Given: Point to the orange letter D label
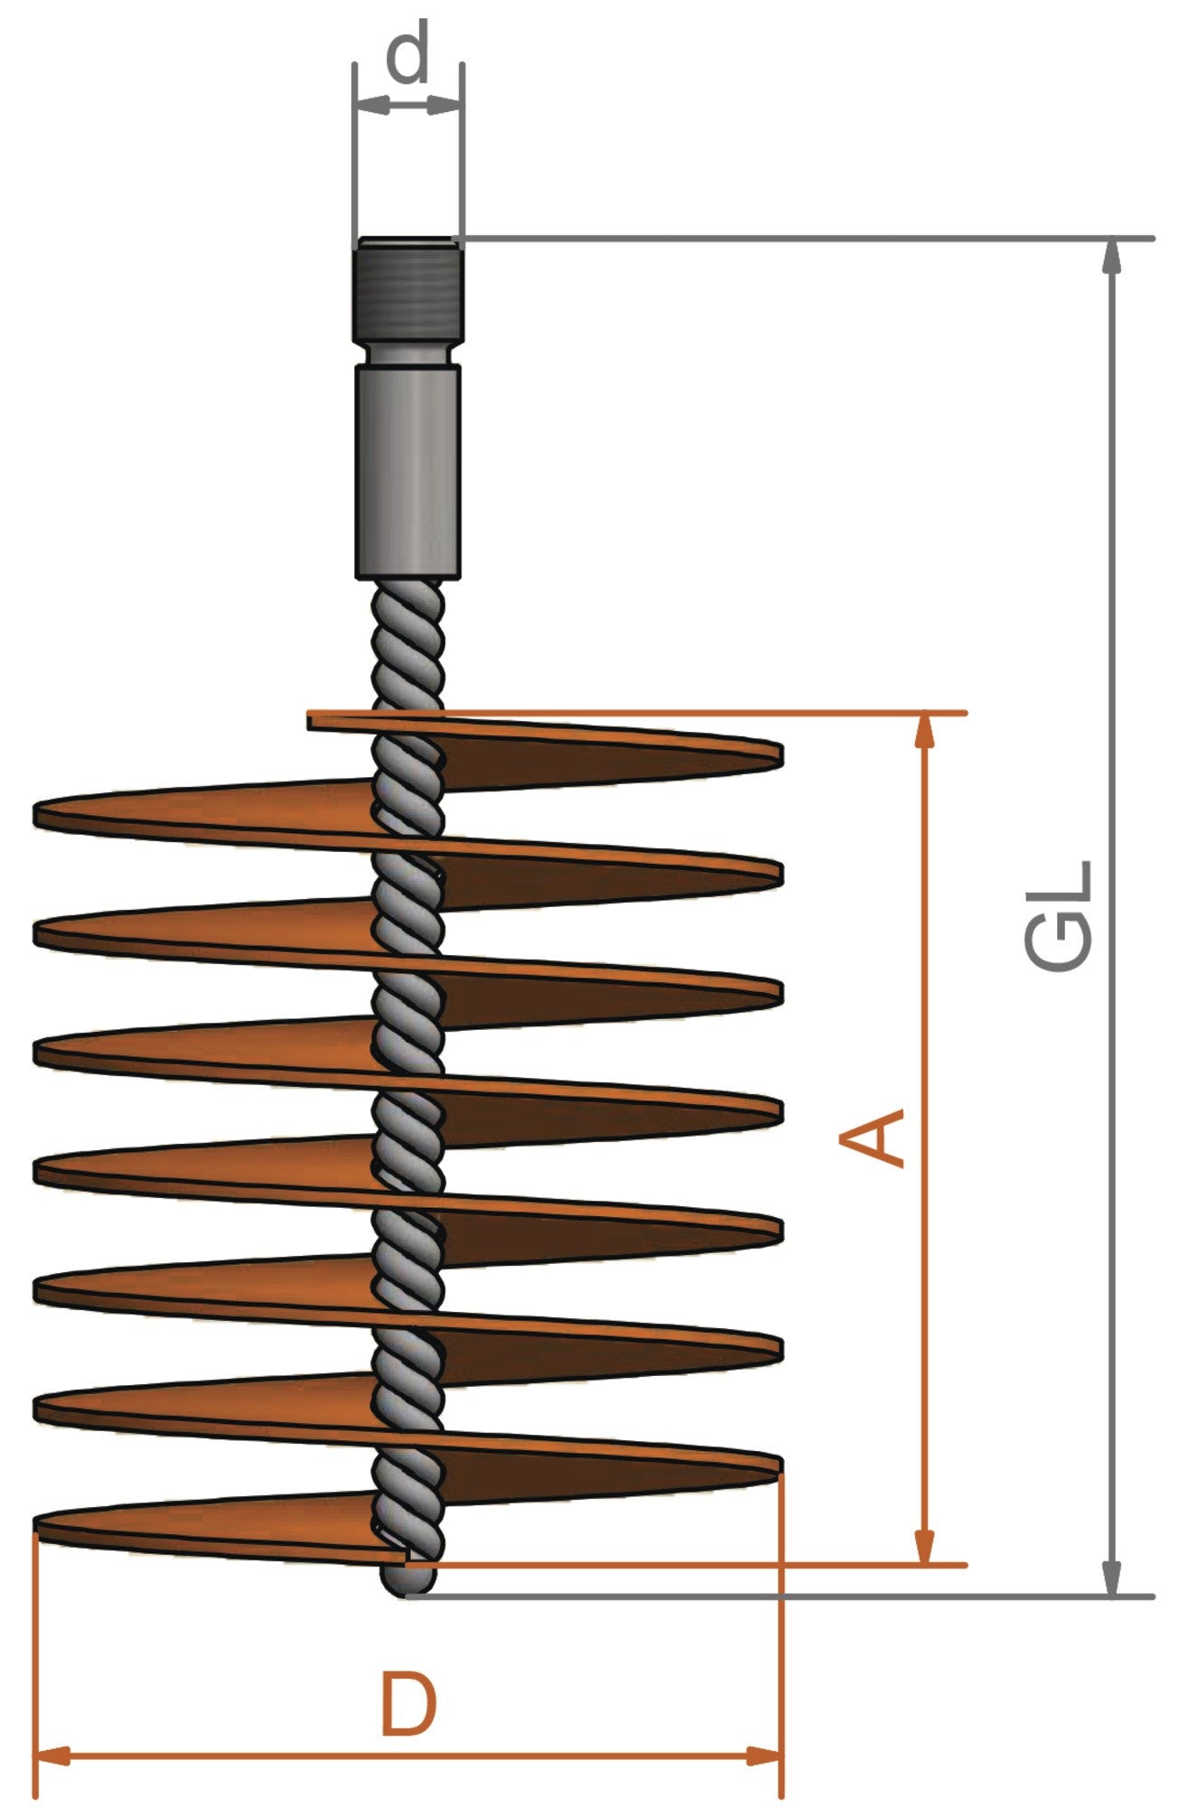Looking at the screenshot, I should point(409,1705).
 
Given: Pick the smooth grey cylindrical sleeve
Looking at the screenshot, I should point(408,470).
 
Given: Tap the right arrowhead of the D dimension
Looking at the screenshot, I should point(764,1756).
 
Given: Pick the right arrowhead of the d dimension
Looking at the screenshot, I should point(446,106).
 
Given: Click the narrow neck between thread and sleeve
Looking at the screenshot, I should point(408,353).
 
